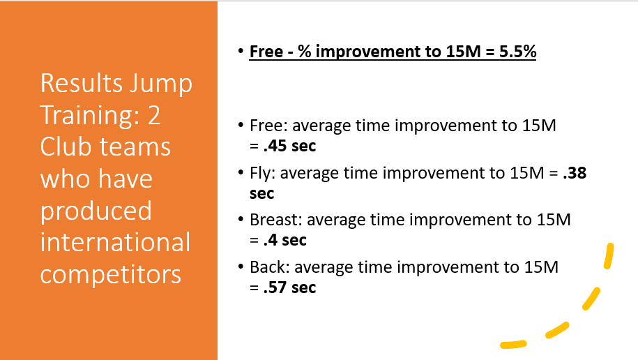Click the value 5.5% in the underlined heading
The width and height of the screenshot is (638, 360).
pos(517,52)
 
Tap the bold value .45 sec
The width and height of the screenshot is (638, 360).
pos(289,146)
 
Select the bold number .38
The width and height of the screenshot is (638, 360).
pos(575,173)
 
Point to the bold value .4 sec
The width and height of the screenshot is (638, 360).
pos(284,240)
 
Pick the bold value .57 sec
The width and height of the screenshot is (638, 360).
pos(289,287)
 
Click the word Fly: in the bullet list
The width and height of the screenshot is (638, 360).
pos(263,173)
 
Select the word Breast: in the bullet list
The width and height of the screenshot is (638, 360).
pos(276,220)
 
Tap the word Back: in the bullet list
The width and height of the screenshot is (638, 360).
pos(270,267)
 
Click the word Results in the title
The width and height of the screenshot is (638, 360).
pos(82,84)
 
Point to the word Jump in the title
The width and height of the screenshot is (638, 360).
pos(161,84)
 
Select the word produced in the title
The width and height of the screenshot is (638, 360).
pos(96,211)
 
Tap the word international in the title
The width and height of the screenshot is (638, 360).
pos(115,242)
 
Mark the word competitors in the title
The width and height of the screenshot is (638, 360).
pos(111,274)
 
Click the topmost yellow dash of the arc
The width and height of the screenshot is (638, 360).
pos(609,256)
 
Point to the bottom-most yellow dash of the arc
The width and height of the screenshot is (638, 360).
pos(513,345)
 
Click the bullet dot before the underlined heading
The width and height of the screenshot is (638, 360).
pos(241,52)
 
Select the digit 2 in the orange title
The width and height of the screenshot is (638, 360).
pos(154,116)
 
